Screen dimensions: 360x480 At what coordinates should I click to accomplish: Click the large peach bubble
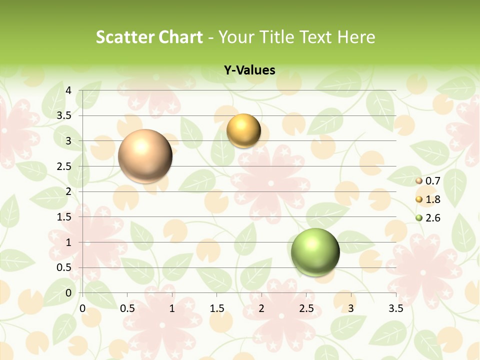[x=145, y=156]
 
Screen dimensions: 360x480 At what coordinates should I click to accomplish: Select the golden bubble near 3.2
[x=243, y=131]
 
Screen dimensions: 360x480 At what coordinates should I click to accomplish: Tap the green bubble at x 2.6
[x=315, y=252]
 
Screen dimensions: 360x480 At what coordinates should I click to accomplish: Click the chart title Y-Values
[x=249, y=70]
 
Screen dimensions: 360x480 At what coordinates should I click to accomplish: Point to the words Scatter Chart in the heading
[x=149, y=37]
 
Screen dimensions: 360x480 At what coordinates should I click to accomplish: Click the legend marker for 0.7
[x=419, y=180]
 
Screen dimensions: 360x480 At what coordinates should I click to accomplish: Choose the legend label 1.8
[x=432, y=199]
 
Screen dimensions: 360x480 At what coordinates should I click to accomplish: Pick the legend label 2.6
[x=432, y=218]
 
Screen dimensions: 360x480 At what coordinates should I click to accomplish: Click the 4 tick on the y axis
[x=68, y=90]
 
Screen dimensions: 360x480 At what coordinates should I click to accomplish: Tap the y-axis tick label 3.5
[x=64, y=116]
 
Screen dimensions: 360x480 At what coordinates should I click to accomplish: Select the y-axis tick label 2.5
[x=64, y=166]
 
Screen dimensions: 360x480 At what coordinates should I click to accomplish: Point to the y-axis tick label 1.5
[x=64, y=217]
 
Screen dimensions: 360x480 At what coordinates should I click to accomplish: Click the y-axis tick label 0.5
[x=64, y=267]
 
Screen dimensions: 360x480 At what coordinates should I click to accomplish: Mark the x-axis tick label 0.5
[x=127, y=308]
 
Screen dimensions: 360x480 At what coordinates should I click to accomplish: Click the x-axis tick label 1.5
[x=216, y=308]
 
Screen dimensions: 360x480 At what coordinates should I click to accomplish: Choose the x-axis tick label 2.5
[x=306, y=308]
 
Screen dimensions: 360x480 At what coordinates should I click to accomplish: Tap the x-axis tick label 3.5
[x=395, y=308]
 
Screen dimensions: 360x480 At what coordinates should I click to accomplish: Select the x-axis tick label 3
[x=351, y=308]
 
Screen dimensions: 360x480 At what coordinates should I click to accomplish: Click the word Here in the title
[x=356, y=37]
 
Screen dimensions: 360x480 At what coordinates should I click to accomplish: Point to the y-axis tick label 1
[x=68, y=242]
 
